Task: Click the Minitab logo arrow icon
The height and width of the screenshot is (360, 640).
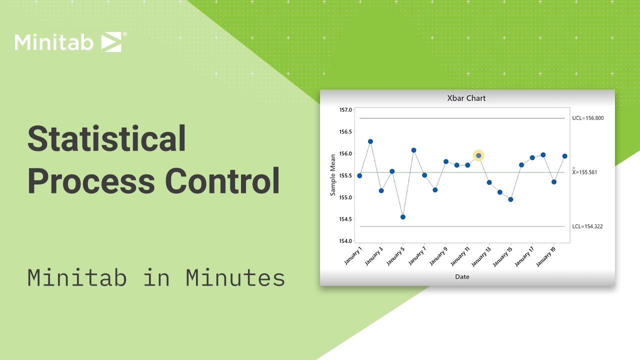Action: click(x=111, y=42)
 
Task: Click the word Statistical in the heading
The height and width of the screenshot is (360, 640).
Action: click(x=106, y=139)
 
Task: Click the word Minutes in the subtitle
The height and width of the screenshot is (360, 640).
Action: click(x=235, y=278)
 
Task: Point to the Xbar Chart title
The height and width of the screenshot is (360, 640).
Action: click(x=466, y=98)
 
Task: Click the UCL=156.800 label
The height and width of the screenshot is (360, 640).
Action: click(x=588, y=118)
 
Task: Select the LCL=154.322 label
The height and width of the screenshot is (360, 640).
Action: click(x=587, y=226)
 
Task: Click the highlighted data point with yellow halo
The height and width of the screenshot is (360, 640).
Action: click(x=478, y=156)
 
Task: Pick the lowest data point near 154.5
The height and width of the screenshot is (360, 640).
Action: click(x=402, y=217)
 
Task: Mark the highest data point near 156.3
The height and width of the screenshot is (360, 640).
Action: click(x=370, y=141)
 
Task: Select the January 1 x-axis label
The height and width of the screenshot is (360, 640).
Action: click(x=353, y=254)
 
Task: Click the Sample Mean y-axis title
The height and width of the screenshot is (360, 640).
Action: click(x=332, y=175)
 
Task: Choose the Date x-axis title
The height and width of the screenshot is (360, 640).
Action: click(x=462, y=276)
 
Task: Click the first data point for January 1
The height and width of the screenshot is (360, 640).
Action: click(x=359, y=176)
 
